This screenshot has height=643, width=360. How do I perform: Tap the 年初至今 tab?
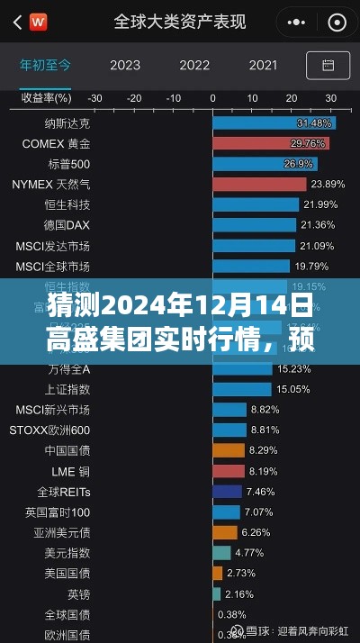click(x=45, y=65)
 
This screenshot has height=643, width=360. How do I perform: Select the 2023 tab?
click(x=124, y=65)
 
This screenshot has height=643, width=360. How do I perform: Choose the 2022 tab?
click(x=194, y=65)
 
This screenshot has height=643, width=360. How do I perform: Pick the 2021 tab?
click(x=263, y=65)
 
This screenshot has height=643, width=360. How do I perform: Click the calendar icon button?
click(x=328, y=65)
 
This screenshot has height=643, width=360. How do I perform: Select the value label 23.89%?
click(x=321, y=184)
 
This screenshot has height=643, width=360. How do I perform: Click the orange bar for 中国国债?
click(x=229, y=449)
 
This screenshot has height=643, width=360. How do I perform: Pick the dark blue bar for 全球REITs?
click(x=227, y=491)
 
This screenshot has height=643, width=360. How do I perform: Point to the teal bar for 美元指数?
click(x=221, y=552)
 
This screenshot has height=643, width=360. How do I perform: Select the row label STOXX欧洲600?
click(x=49, y=429)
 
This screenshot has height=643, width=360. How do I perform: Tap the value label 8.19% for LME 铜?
click(x=264, y=470)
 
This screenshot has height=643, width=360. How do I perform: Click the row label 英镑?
click(x=78, y=593)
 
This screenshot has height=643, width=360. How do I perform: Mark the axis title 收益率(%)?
click(x=46, y=98)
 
